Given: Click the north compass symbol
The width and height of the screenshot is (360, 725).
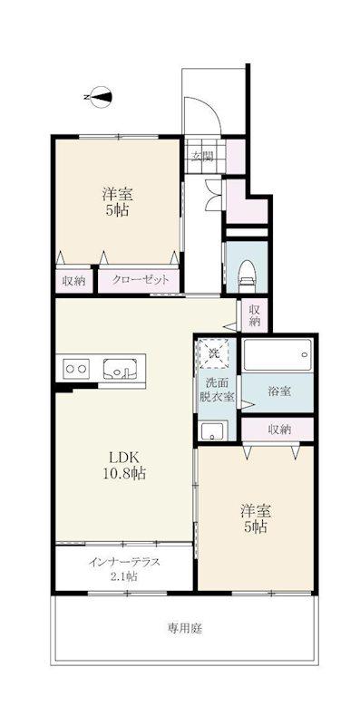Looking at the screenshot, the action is click(x=100, y=97).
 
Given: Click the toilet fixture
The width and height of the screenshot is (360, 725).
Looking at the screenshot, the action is click(x=248, y=275).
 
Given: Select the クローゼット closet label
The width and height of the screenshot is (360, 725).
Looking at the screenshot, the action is click(x=139, y=280).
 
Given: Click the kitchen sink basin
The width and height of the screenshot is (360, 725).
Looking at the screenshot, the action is click(x=120, y=369).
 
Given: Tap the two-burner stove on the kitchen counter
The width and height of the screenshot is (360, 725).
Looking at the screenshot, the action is click(x=77, y=369).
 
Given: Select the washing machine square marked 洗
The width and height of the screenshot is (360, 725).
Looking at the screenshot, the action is click(x=213, y=353).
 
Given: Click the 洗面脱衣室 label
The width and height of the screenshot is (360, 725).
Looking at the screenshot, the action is click(x=217, y=390).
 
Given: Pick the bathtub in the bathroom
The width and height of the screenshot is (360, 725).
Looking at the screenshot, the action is click(x=277, y=354).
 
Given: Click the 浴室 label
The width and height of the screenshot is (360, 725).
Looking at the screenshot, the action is click(x=279, y=391).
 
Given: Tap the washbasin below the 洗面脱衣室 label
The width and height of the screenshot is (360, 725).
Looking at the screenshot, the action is click(x=213, y=430).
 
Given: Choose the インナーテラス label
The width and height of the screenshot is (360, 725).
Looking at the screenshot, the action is click(x=124, y=562).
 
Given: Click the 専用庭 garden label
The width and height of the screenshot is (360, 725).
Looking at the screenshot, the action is click(x=185, y=628).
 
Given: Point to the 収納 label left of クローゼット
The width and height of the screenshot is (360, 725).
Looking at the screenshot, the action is click(x=74, y=280).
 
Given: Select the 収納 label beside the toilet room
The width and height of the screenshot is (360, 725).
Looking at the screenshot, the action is click(x=254, y=314).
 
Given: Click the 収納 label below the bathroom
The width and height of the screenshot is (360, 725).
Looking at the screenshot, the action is click(x=279, y=429).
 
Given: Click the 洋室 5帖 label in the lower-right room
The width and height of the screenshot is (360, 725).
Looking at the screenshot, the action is click(x=256, y=518).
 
